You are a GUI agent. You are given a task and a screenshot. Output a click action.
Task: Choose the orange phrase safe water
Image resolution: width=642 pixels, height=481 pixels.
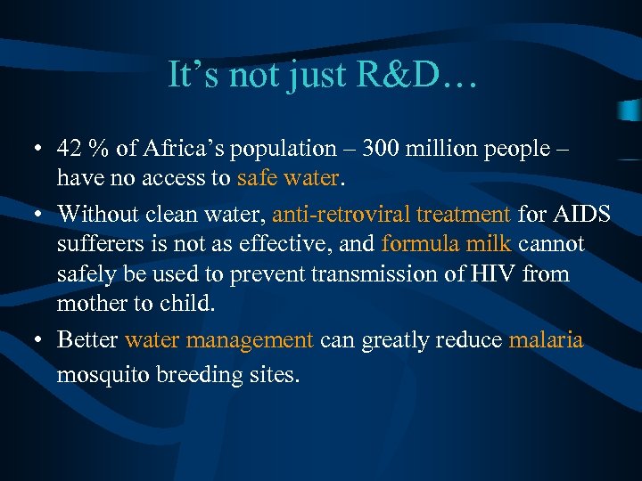click(288, 178)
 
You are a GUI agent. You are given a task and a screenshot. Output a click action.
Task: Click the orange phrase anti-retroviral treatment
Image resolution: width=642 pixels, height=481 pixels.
click(391, 214)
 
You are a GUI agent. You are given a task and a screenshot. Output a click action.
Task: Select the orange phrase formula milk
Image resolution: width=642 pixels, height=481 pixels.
click(446, 244)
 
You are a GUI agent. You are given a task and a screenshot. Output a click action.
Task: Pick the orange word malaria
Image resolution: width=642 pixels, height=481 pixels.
click(546, 339)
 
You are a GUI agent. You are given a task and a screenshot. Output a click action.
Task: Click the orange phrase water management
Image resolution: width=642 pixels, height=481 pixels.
click(219, 339)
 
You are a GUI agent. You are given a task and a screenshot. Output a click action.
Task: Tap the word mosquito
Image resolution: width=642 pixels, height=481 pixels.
click(99, 374)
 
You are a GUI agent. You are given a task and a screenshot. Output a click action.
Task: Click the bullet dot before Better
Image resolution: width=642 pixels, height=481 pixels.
click(39, 340)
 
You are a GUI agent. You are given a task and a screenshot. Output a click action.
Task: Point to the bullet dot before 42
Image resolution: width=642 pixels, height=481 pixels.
click(39, 149)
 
